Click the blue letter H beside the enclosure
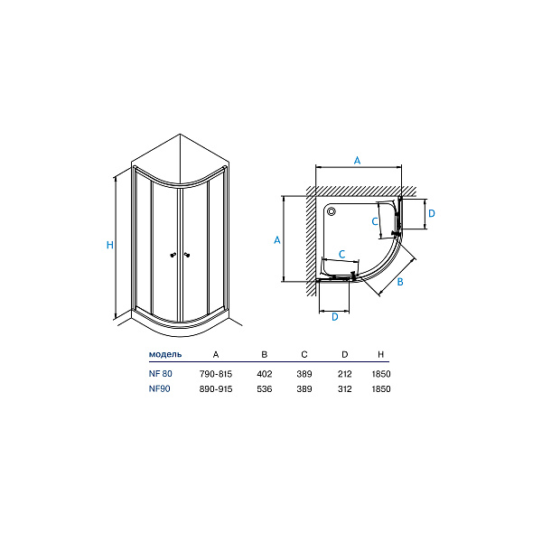pos(110,245)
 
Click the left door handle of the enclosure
pos(173,255)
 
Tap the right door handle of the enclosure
pos(187,255)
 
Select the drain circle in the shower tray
pos(332,211)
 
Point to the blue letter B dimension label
pos(400,282)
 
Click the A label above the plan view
pos(358,161)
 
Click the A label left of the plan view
pos(277,240)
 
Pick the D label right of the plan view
pos(432,213)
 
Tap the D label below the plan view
pos(335,317)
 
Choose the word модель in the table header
pos(165,354)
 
